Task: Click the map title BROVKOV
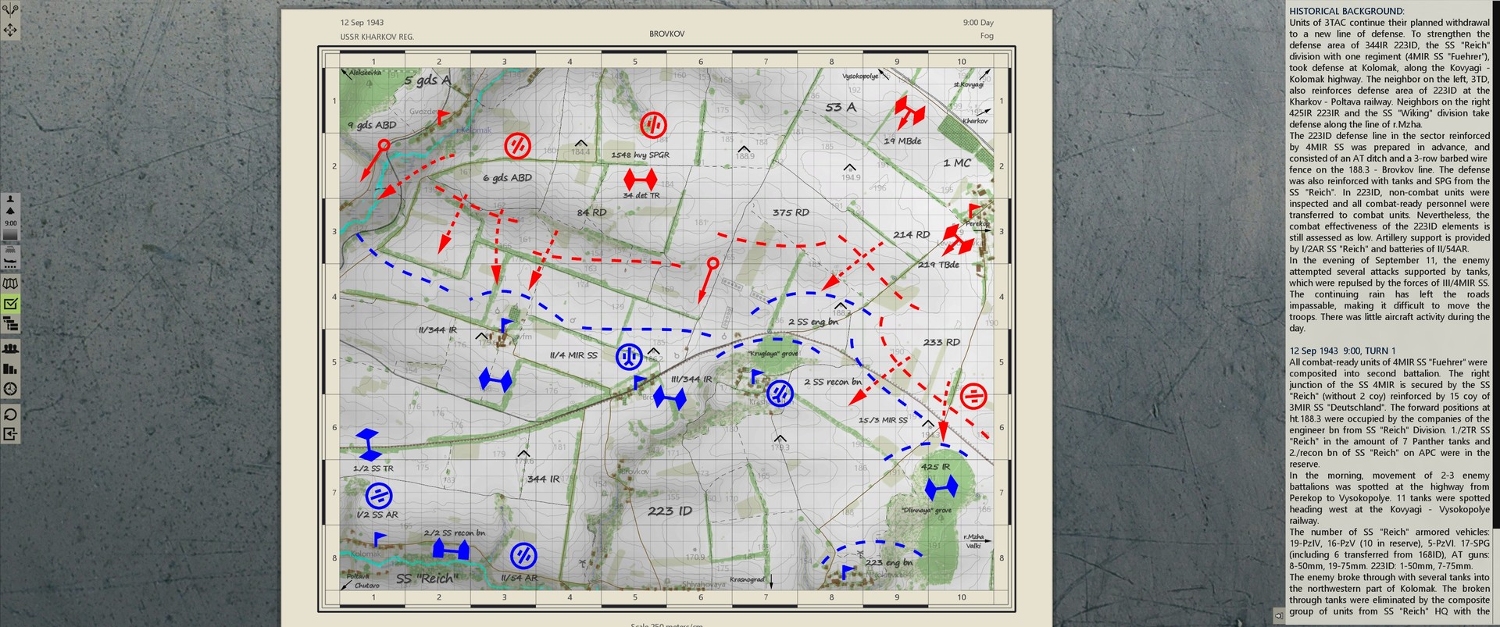click(666, 34)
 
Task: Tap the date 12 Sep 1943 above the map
click(362, 23)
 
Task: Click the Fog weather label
click(987, 36)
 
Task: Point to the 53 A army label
click(841, 108)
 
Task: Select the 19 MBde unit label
click(902, 141)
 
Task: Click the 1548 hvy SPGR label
click(640, 155)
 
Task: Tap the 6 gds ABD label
click(507, 178)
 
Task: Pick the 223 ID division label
click(670, 511)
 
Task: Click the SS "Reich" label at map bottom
click(426, 579)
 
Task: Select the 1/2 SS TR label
click(373, 468)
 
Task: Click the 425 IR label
click(935, 467)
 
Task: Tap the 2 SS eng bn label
click(812, 322)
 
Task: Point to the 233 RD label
click(941, 342)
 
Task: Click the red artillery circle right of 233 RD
click(973, 396)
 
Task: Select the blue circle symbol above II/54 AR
click(523, 556)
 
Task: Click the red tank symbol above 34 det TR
click(640, 179)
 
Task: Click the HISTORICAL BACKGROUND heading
click(1346, 11)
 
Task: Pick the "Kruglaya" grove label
click(773, 354)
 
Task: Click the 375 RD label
click(791, 212)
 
